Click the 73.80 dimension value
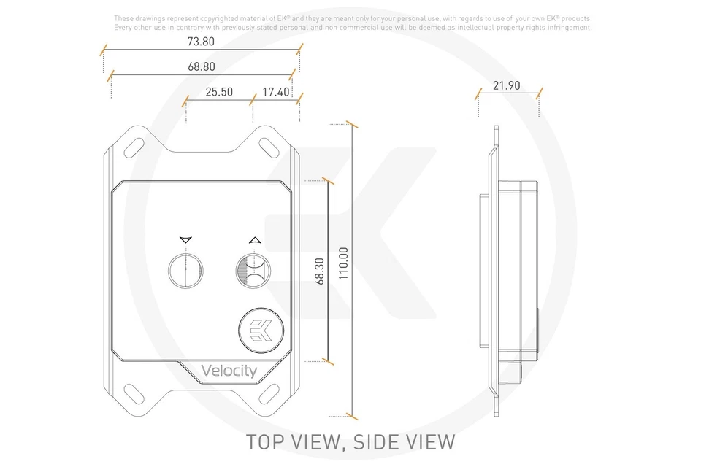click(x=200, y=42)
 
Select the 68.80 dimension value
click(x=201, y=66)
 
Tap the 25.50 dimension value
click(x=219, y=92)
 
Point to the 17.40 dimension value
click(x=276, y=92)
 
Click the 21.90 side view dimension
click(x=506, y=85)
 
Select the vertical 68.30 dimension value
click(x=319, y=270)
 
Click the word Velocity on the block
click(x=229, y=371)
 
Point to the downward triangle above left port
click(x=183, y=239)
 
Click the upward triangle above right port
click(x=253, y=239)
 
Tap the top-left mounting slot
click(x=137, y=144)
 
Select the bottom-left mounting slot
click(x=137, y=398)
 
